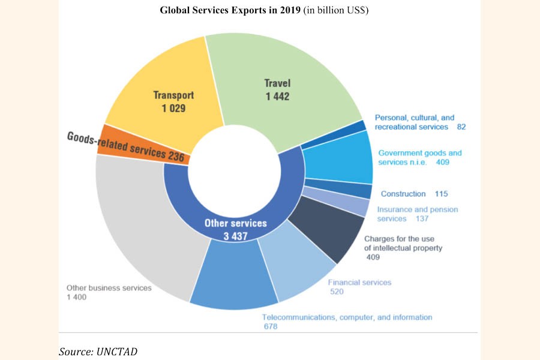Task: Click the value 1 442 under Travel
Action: (x=278, y=96)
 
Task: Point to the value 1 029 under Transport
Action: (x=174, y=109)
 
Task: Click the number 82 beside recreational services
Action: (x=460, y=127)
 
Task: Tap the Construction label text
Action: (x=403, y=194)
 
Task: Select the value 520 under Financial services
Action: (x=337, y=292)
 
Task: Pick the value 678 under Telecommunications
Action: (x=271, y=326)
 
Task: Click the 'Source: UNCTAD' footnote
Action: (x=98, y=351)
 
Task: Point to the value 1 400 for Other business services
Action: (x=77, y=298)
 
